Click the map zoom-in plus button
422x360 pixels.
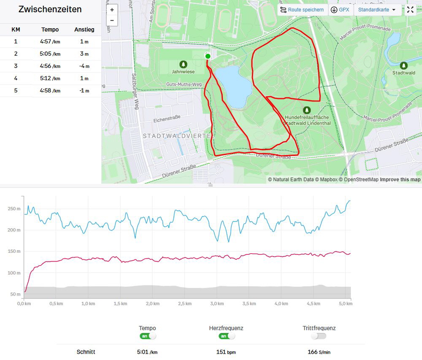coord(112,10)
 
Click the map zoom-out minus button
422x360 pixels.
coord(112,20)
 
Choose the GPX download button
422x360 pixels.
coord(340,10)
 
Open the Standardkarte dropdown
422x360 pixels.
coord(377,10)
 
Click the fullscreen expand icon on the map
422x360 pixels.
coord(411,10)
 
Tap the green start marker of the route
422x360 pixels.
coord(208,56)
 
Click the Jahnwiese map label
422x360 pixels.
coord(183,71)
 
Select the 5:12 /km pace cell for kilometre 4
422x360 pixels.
coord(50,78)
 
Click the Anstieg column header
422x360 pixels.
coord(84,30)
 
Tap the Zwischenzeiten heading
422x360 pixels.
coord(50,9)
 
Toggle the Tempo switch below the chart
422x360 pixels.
coord(148,336)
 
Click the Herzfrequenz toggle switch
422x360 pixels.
coord(227,336)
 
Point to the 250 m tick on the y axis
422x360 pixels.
coord(14,209)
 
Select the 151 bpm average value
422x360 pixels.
coord(226,352)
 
